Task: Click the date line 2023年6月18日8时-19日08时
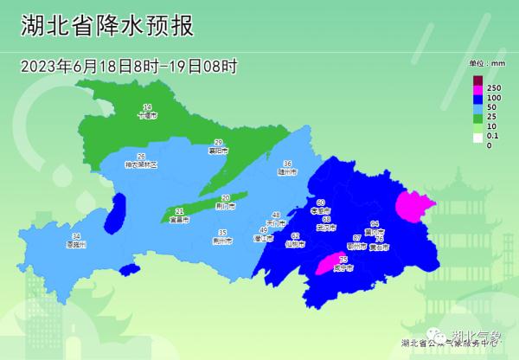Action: pos(129,66)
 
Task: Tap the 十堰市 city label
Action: pos(148,114)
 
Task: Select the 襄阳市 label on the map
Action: pos(220,151)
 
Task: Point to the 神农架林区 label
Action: pos(141,164)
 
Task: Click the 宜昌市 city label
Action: pos(180,220)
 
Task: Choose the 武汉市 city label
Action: pos(326,228)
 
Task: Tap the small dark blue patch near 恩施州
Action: pos(119,213)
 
